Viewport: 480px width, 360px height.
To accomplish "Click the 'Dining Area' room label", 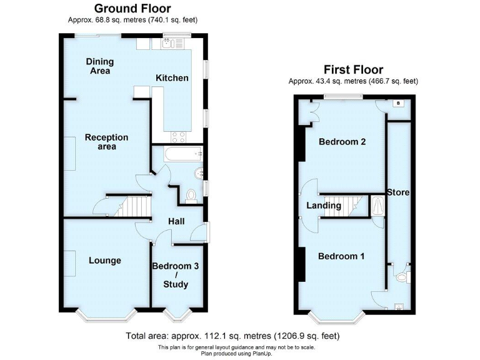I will pyautogui.click(x=99, y=66).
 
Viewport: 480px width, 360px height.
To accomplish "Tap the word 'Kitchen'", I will pyautogui.click(x=172, y=78).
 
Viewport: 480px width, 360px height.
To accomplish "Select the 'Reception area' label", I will pyautogui.click(x=107, y=142).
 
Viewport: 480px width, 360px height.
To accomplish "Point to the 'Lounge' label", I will pyautogui.click(x=104, y=261).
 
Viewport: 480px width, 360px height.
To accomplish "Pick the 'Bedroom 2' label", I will pyautogui.click(x=342, y=142).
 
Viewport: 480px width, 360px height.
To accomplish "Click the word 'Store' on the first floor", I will pyautogui.click(x=397, y=192).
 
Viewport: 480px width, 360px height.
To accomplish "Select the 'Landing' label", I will pyautogui.click(x=324, y=206).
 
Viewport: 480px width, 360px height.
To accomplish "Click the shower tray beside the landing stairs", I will pyautogui.click(x=377, y=206).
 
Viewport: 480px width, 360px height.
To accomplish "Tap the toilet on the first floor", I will pyautogui.click(x=401, y=274).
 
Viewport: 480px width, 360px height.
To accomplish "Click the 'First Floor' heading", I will pyautogui.click(x=352, y=69).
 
